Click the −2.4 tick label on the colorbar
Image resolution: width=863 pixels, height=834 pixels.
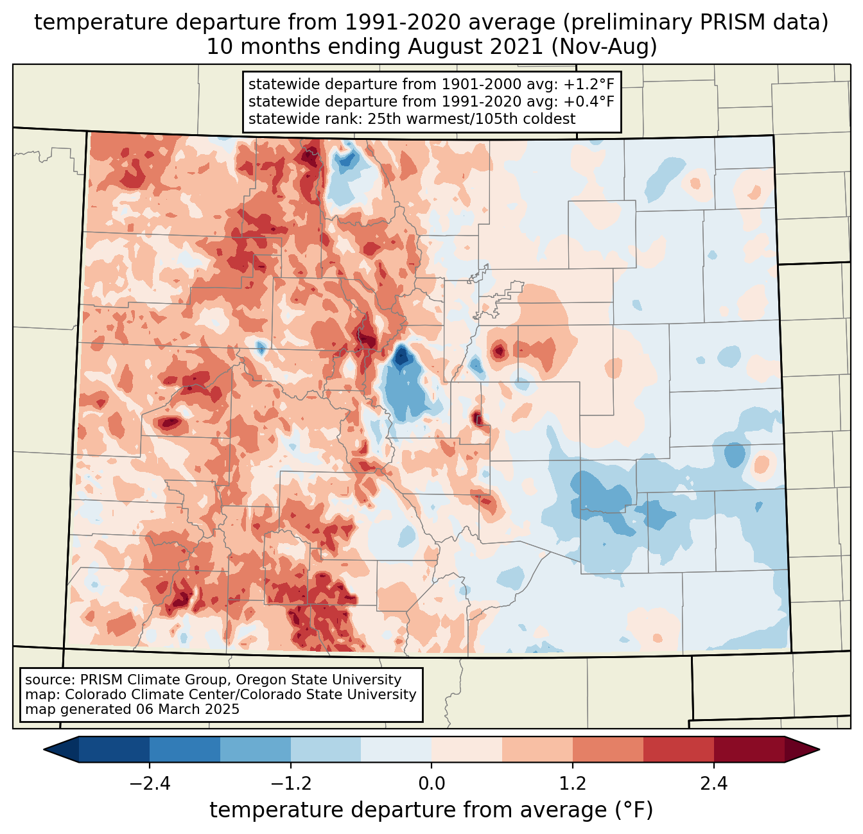click(150, 784)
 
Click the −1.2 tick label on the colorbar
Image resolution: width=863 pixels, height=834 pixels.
click(290, 784)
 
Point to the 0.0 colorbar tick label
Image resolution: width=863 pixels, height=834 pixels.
click(431, 784)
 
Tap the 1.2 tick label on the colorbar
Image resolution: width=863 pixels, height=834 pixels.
click(573, 784)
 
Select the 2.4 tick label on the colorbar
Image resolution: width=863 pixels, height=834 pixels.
click(714, 784)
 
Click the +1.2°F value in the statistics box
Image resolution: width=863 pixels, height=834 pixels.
click(589, 85)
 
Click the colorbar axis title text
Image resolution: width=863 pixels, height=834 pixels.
click(431, 810)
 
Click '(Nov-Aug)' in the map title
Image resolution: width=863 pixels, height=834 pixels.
click(604, 47)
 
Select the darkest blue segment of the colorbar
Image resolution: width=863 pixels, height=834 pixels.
click(114, 749)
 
